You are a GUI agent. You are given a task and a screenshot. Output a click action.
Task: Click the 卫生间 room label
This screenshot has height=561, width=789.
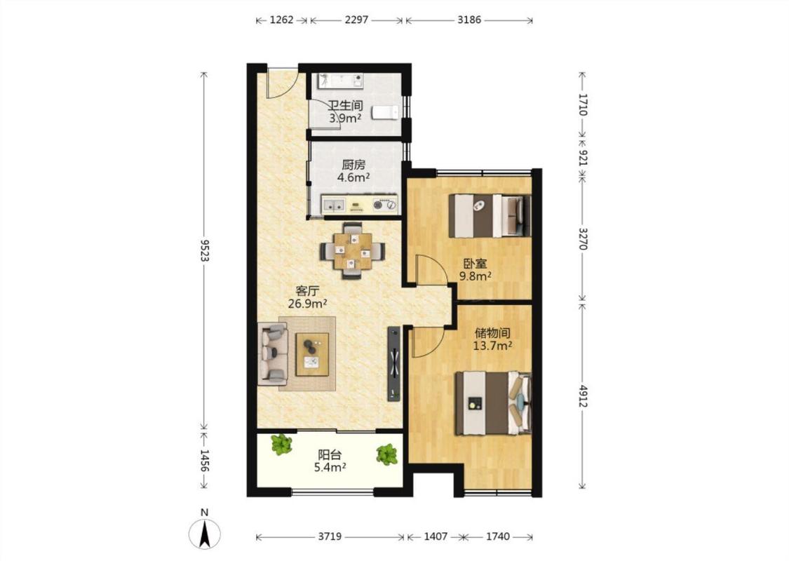coord(345,106)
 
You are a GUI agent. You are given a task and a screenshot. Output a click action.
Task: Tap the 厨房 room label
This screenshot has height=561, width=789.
coord(353,165)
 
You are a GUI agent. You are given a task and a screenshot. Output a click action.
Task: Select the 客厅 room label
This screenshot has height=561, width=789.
coord(307,291)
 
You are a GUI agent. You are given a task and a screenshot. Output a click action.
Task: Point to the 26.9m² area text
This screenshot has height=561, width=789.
coord(308,304)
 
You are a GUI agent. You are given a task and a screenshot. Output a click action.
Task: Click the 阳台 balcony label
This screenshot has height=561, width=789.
coord(330,455)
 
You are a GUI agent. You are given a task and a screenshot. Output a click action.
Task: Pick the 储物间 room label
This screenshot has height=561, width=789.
coord(492,333)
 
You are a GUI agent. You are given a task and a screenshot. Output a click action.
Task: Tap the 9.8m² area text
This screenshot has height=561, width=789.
coord(475,276)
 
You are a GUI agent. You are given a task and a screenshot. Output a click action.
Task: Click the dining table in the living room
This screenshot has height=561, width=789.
coord(352,250)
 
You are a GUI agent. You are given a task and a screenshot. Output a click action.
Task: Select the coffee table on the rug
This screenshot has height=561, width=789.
coord(312,354)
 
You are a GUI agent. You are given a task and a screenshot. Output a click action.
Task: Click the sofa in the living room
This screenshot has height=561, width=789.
coord(272,353)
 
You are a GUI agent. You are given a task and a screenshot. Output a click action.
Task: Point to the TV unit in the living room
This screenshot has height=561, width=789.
coord(393,363)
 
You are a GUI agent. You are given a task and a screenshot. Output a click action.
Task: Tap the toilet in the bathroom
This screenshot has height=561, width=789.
coord(385,113)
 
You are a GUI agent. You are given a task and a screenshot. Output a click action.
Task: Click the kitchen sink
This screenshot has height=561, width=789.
coord(333,204)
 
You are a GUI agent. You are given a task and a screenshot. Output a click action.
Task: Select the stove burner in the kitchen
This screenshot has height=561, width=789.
coord(384,204)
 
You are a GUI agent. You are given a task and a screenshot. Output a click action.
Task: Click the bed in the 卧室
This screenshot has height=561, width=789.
coord(489,215)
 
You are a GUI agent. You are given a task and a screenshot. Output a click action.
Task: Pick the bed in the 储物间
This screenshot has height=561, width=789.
coord(493,403)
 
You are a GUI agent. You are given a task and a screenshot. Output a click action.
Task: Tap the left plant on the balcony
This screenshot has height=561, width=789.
coord(281,445)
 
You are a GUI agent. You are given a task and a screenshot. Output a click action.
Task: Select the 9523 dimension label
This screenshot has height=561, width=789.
coord(204,250)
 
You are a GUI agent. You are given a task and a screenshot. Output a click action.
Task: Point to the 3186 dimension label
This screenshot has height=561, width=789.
coord(469,20)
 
